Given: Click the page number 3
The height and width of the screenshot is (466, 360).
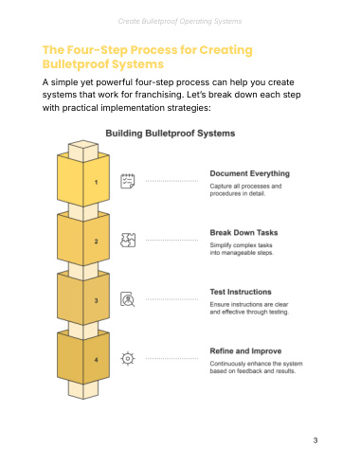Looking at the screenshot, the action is (315, 440).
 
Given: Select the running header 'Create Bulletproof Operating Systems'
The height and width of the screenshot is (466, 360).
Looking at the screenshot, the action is (180, 21).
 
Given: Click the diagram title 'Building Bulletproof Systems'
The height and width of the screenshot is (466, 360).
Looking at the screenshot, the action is (171, 134).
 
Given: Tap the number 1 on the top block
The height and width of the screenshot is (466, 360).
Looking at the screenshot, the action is (96, 182).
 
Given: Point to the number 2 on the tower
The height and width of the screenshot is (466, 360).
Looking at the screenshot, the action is (96, 242).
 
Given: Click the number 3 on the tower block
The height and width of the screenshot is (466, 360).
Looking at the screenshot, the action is (96, 300).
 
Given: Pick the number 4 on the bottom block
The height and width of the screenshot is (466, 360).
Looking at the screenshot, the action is (96, 360).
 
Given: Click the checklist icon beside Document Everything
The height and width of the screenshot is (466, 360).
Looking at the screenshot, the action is (128, 181).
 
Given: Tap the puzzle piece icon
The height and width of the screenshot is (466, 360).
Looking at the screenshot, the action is (128, 240).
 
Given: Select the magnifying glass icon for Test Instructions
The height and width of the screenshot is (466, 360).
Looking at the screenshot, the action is (128, 299).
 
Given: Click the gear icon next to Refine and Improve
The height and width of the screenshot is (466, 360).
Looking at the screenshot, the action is (128, 359).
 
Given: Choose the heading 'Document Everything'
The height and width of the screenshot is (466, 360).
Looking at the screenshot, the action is (250, 173).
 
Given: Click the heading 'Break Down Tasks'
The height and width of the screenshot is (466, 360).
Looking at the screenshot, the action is (243, 233).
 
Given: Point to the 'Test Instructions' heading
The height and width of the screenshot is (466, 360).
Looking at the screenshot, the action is (241, 292).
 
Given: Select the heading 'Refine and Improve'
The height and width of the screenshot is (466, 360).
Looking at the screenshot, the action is (245, 351).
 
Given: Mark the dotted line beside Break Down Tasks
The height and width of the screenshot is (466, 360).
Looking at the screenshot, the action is (171, 241).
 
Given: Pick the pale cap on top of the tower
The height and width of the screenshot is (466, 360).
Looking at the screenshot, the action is (83, 151).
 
